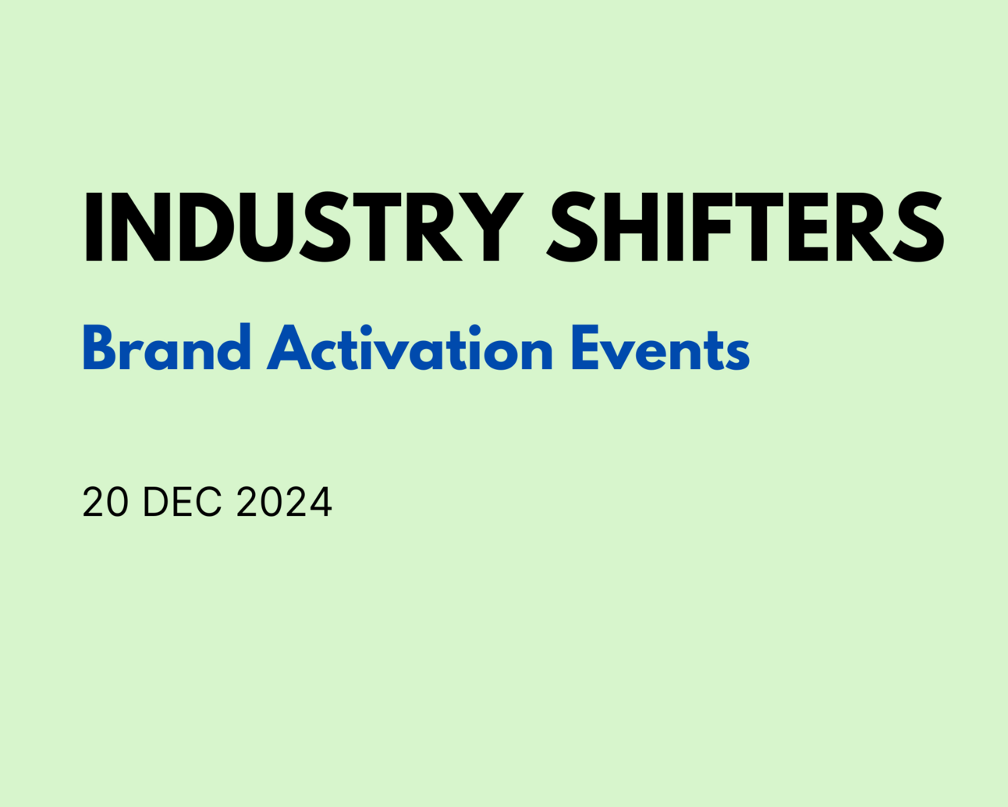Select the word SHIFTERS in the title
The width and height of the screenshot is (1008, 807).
click(745, 227)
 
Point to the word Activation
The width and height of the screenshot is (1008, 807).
click(410, 349)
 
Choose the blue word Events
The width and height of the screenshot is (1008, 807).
click(660, 349)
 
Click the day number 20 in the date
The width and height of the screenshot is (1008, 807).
click(105, 502)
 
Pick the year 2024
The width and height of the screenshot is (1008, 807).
click(284, 502)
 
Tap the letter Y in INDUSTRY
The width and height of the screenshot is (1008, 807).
click(492, 227)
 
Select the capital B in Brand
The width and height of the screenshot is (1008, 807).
click(100, 349)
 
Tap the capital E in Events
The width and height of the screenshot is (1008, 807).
click(587, 349)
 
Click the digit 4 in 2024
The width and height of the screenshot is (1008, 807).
click(321, 502)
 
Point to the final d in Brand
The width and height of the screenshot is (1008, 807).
click(233, 349)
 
